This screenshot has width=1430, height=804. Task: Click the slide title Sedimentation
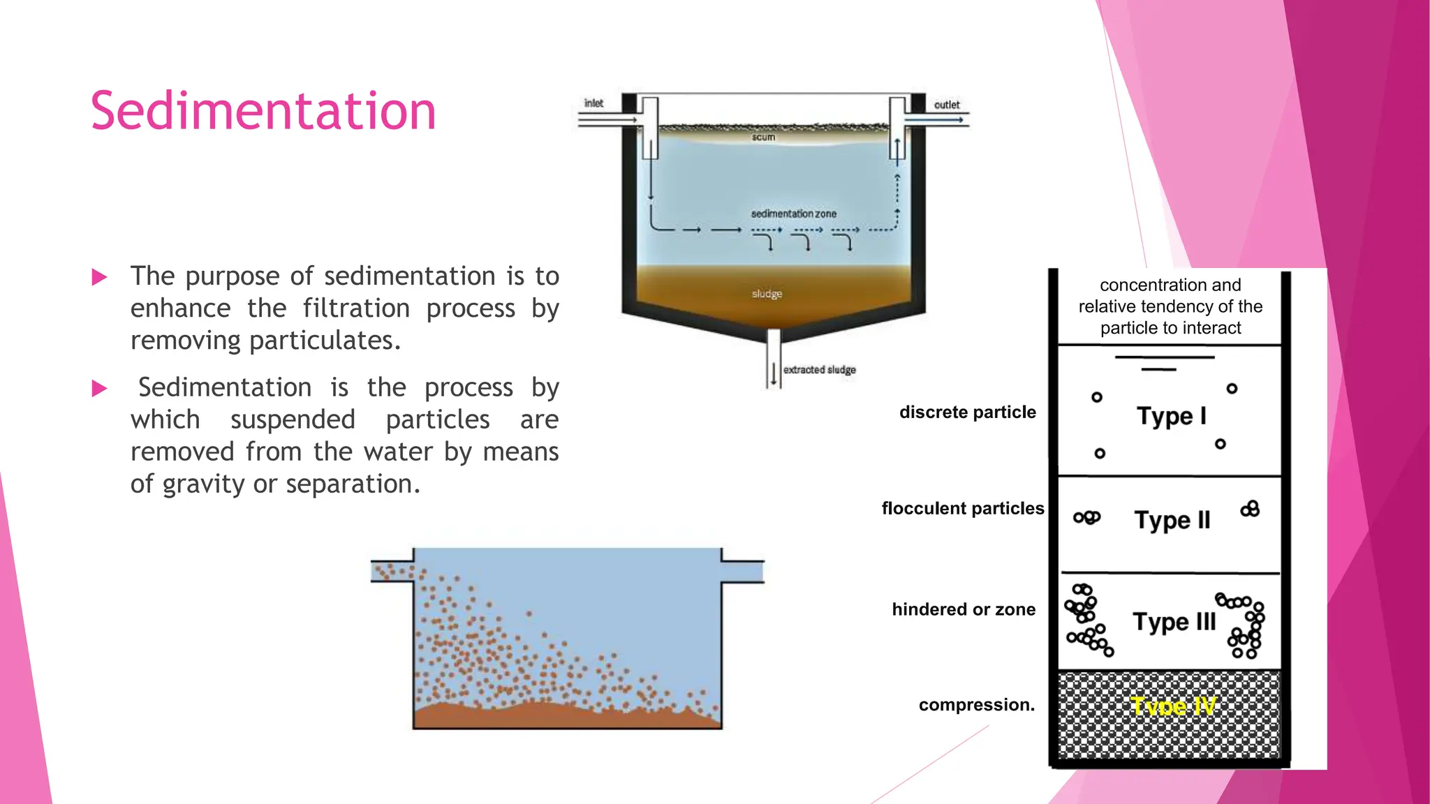point(263,111)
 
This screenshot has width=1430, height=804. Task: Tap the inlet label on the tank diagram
point(594,103)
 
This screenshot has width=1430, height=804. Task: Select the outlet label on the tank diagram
point(947,105)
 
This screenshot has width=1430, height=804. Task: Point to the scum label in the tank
point(763,137)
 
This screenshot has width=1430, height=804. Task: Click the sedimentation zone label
point(793,214)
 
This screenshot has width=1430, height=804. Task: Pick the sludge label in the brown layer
point(767,294)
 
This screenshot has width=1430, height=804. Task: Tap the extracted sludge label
point(819,370)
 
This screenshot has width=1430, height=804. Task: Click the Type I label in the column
point(1171,416)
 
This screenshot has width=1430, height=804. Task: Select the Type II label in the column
point(1172,520)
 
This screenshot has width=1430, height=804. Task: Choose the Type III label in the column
point(1174,622)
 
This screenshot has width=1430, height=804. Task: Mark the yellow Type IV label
point(1173,706)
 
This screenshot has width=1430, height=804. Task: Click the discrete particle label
point(967,412)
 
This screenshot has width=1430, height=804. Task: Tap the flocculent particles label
point(962,509)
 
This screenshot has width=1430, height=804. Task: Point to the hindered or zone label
point(964,610)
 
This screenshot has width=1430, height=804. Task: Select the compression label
point(976,705)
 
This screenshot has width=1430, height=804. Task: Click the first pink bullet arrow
point(99,278)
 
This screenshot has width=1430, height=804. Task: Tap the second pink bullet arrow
point(99,389)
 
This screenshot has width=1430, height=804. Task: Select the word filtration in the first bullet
point(356,308)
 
